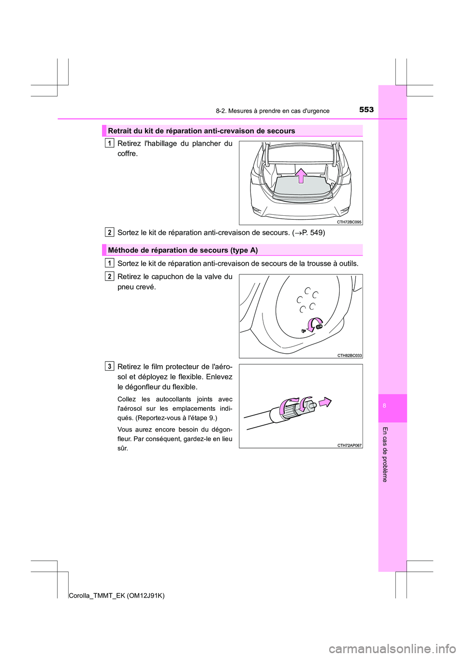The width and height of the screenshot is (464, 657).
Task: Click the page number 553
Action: coord(366,109)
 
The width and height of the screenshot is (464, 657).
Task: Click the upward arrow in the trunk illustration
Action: coord(301,175)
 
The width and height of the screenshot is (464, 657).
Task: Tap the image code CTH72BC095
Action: coord(349,222)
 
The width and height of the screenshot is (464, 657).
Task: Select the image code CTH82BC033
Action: coord(349,356)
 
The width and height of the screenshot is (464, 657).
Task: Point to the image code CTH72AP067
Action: coord(349,446)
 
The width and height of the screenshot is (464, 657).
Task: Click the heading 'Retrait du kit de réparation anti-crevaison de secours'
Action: coord(202,131)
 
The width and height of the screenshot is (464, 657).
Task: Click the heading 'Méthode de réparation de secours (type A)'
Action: coord(183,250)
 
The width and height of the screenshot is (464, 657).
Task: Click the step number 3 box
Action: coord(110,366)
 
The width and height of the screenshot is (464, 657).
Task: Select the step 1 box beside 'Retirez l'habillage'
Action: coord(110,143)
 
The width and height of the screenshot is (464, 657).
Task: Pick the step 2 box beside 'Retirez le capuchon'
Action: coord(110,276)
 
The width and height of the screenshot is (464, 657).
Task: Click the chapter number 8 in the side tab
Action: coord(384,406)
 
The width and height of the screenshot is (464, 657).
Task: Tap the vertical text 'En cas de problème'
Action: coord(385,454)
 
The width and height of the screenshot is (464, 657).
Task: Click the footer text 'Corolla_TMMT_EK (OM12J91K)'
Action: coord(116,596)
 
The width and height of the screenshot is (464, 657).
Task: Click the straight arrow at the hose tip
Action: coord(325,402)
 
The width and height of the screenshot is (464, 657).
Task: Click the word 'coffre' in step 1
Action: coord(127,154)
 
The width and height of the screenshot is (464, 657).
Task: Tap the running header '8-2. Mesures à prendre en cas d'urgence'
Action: coord(273,111)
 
